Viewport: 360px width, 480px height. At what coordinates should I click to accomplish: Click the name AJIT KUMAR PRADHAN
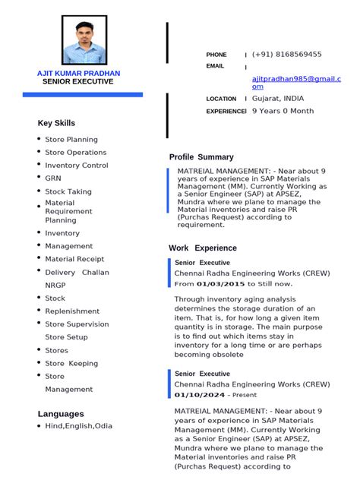[78, 73]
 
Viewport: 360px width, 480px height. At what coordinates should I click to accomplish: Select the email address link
[296, 82]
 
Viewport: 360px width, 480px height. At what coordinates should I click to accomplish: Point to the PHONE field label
[216, 55]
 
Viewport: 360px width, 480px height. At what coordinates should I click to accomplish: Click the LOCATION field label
[221, 99]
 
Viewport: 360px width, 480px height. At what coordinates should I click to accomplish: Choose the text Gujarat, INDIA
[278, 99]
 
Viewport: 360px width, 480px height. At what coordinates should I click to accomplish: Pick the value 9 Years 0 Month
[283, 111]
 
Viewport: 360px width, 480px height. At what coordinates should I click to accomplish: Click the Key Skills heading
[56, 123]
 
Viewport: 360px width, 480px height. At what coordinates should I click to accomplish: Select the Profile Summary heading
[201, 157]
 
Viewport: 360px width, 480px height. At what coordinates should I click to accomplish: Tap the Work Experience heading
[203, 248]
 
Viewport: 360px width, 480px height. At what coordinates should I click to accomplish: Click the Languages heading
[61, 414]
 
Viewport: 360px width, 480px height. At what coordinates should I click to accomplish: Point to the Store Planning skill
[71, 140]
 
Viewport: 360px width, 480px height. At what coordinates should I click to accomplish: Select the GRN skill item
[53, 178]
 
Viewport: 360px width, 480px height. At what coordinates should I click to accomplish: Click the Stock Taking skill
[68, 192]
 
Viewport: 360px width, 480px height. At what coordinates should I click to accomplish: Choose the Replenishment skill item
[72, 311]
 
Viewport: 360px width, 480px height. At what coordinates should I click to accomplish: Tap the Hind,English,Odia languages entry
[78, 426]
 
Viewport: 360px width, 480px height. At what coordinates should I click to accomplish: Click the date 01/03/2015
[220, 284]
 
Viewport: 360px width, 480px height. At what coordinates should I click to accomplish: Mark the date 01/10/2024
[200, 395]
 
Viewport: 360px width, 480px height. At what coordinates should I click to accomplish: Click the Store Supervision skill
[77, 324]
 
